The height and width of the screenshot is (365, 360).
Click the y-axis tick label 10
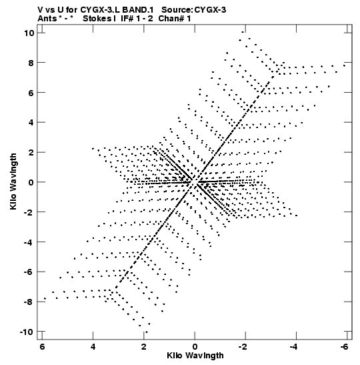[29, 33]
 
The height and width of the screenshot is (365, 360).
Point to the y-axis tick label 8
[31, 63]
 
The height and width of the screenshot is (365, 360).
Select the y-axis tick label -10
[27, 332]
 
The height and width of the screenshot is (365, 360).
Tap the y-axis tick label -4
[29, 242]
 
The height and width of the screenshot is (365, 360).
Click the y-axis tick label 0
[31, 182]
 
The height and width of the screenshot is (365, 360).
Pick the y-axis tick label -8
[29, 302]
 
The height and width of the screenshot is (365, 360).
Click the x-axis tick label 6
[42, 347]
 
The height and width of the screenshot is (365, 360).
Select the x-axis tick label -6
[345, 347]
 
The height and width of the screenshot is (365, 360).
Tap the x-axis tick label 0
[195, 347]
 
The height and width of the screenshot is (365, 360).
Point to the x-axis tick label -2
[243, 347]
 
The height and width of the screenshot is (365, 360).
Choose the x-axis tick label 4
[93, 347]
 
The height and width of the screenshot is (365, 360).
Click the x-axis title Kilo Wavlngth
[195, 356]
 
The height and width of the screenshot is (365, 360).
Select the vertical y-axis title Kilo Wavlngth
[13, 181]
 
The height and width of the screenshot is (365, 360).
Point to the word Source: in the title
[177, 10]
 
